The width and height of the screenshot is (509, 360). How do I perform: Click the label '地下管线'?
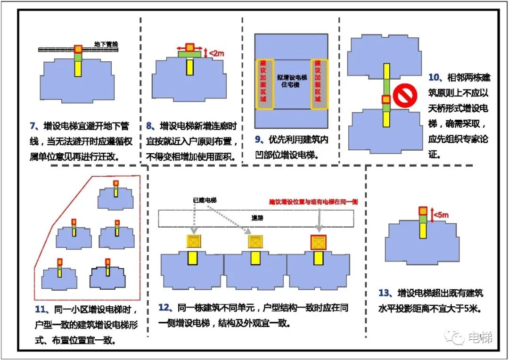(106, 44)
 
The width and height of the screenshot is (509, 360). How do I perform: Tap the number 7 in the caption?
(33, 126)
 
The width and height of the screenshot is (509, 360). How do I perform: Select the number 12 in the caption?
(164, 308)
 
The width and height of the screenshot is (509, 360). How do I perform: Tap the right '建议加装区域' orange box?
(318, 84)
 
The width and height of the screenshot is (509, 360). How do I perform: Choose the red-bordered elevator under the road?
(319, 242)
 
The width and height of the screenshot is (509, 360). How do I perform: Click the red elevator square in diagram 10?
(386, 99)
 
